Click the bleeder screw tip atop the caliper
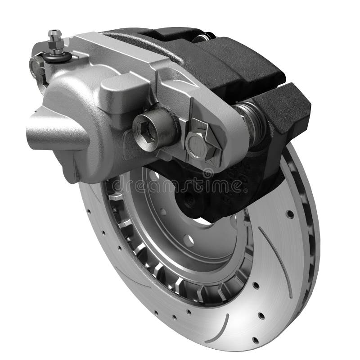coord(54,32)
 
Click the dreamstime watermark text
coord(180,185)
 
